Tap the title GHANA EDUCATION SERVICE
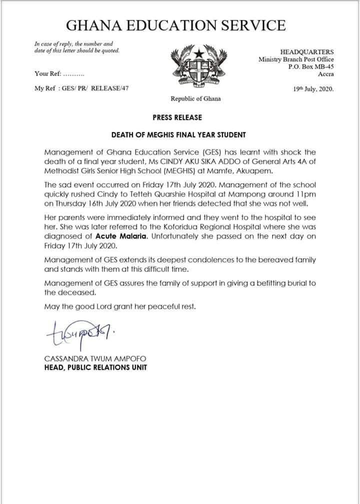[x=179, y=25]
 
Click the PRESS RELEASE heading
[x=177, y=117]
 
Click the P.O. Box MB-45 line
[x=313, y=66]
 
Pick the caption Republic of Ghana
[x=195, y=98]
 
